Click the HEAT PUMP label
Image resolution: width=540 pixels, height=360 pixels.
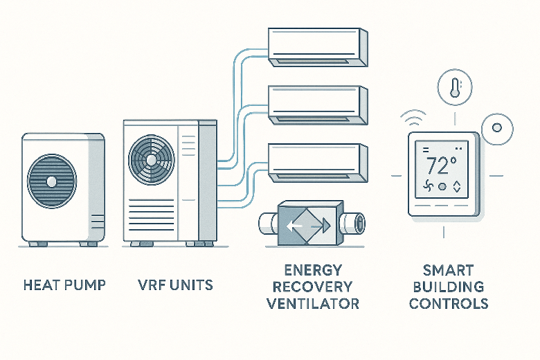(x=64, y=284)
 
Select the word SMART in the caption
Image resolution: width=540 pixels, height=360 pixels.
(x=449, y=269)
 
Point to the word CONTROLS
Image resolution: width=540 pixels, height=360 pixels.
(x=449, y=303)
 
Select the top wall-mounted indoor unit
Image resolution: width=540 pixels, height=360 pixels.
(x=316, y=46)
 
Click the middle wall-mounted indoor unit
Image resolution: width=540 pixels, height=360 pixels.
(x=316, y=105)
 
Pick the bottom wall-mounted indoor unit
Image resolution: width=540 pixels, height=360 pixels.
(x=316, y=162)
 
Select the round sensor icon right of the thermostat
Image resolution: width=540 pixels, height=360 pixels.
(x=496, y=129)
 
